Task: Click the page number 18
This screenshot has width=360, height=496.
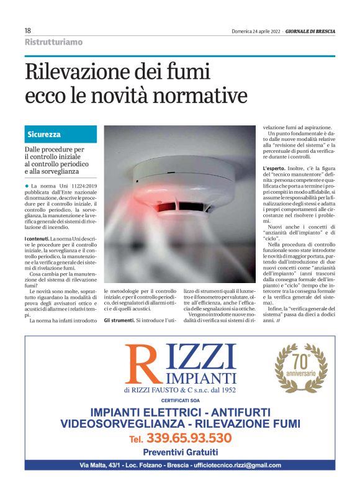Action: (28, 31)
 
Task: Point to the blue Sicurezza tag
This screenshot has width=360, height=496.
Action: (44, 134)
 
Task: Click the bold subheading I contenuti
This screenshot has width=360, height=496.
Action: (36, 239)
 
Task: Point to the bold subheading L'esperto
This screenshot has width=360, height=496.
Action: (275, 168)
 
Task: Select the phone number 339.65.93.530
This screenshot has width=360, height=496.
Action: (189, 438)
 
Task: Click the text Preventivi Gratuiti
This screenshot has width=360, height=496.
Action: (181, 452)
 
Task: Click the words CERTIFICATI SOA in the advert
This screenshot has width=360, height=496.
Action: (180, 402)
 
